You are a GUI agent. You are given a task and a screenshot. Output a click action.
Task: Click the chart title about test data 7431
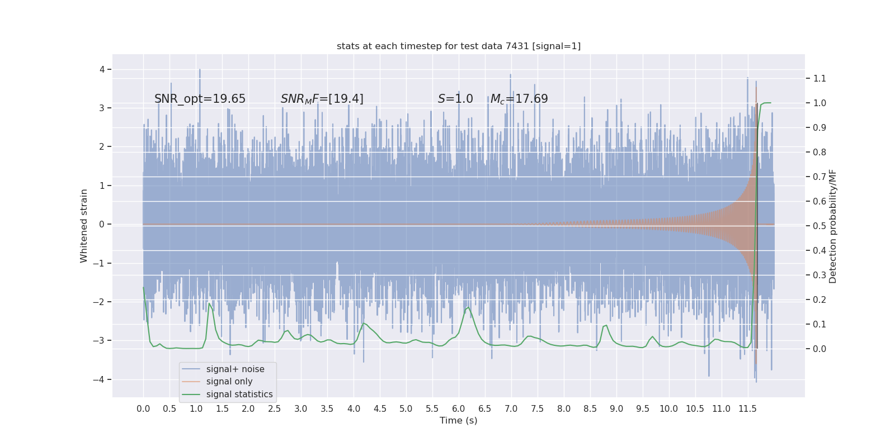459,46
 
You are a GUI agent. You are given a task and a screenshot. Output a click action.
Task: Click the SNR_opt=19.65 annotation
200,99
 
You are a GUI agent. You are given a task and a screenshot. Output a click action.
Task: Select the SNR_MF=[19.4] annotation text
322,99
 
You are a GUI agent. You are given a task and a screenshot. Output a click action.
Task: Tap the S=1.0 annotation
455,99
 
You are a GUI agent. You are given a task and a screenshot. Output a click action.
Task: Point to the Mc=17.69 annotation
519,99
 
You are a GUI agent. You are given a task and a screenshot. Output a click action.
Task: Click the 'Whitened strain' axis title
84,226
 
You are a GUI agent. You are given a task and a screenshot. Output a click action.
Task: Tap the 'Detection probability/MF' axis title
833,226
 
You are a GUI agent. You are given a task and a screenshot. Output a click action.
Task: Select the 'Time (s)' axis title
459,420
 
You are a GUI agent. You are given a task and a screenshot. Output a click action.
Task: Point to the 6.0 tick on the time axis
459,408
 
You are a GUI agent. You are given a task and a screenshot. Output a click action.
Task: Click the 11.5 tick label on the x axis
747,408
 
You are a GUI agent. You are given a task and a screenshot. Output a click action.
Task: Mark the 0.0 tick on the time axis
143,408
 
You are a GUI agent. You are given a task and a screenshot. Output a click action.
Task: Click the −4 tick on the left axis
101,379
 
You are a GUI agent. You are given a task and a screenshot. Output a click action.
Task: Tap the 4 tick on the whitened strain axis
102,69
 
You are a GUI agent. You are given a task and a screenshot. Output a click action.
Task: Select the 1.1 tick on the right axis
819,78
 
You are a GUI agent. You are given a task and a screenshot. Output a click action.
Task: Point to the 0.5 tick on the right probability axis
819,226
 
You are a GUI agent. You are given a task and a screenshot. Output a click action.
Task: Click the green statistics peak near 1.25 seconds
209,303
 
